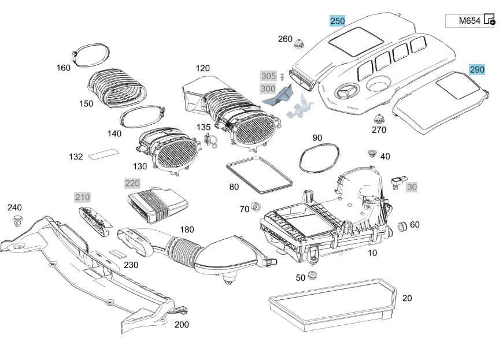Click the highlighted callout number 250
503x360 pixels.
[338, 21]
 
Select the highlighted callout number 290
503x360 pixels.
[477, 69]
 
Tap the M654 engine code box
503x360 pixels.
[469, 21]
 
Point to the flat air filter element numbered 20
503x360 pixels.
[332, 305]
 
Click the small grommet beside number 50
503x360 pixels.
[312, 275]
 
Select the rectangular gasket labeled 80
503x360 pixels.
[259, 175]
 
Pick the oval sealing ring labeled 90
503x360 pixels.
[319, 158]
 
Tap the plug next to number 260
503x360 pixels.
[299, 43]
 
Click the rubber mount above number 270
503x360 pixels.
[379, 119]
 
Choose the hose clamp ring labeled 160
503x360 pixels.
[90, 55]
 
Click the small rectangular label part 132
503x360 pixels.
[103, 153]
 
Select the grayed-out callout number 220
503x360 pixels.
[132, 183]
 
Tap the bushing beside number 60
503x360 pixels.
[402, 227]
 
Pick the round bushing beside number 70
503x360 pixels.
[256, 207]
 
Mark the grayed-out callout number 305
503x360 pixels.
[268, 76]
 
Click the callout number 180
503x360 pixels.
[187, 229]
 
